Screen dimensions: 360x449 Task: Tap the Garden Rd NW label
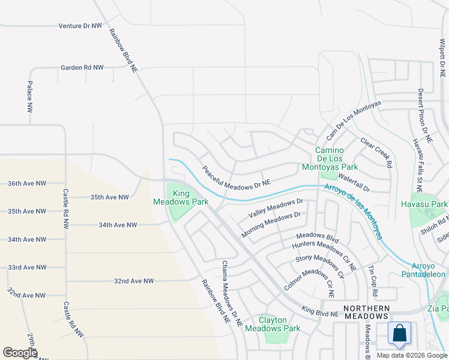point(82,68)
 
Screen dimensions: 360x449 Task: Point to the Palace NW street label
point(29,98)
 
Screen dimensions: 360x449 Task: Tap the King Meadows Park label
point(190,197)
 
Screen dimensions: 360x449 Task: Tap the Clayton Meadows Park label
point(273,324)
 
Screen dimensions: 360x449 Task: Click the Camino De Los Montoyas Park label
point(337,158)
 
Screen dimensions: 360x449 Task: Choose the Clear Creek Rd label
point(376,152)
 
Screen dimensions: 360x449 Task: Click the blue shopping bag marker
point(399,334)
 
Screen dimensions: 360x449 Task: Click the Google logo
point(20,353)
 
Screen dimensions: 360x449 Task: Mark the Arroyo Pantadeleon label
point(428,270)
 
